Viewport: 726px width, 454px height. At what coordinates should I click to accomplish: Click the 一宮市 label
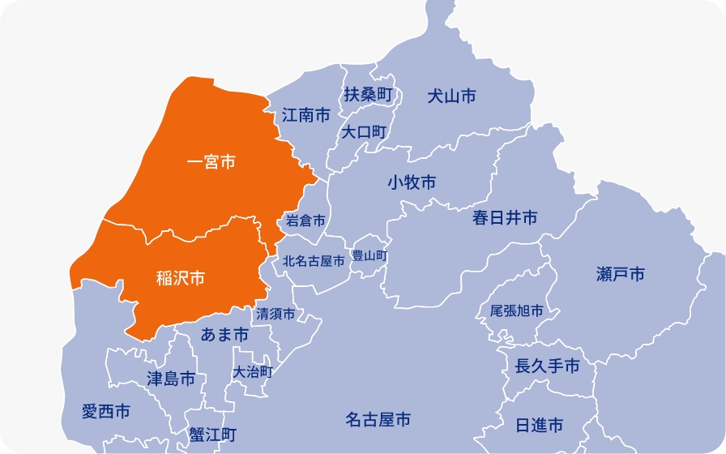[x=211, y=163]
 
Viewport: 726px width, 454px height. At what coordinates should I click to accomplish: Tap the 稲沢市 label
[x=180, y=278]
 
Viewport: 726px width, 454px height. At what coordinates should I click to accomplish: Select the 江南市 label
[x=306, y=115]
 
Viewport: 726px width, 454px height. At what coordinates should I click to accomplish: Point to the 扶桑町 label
[x=368, y=94]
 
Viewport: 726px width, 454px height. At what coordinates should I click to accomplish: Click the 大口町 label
[x=364, y=131]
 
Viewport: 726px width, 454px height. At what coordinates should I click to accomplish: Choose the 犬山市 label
[x=451, y=96]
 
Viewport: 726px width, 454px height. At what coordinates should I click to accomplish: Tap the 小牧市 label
[x=412, y=182]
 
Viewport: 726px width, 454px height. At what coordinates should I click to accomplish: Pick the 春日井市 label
[x=505, y=217]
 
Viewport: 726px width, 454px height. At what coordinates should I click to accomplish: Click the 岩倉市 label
[x=305, y=221]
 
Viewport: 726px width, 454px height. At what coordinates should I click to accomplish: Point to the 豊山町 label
[x=369, y=255]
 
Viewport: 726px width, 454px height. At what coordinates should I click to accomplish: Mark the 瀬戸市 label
[x=620, y=274]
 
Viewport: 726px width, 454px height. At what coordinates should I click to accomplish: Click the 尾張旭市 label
[x=517, y=311]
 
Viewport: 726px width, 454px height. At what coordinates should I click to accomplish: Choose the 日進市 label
[x=540, y=426]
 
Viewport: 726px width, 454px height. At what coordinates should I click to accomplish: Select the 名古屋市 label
[x=378, y=419]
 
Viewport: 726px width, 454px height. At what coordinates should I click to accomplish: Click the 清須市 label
[x=275, y=313]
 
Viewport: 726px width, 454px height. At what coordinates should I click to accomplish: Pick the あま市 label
[x=224, y=334]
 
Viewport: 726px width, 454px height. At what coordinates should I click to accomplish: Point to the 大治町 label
[x=253, y=372]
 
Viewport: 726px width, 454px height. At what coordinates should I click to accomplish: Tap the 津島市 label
[x=171, y=378]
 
